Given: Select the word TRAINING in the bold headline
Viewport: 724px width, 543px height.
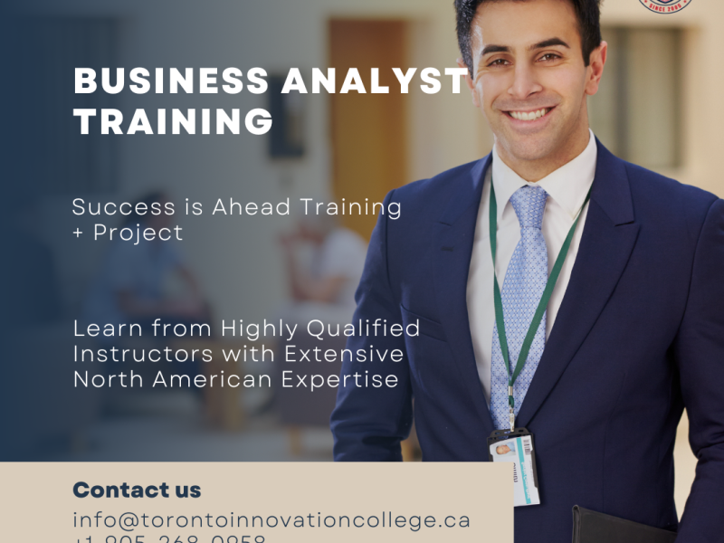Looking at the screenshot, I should tap(173, 122).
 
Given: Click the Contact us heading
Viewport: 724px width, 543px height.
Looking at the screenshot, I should tap(137, 491).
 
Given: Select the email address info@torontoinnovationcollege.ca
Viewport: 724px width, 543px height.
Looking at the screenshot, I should tap(271, 520).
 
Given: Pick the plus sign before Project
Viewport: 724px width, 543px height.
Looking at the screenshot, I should tap(79, 233).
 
